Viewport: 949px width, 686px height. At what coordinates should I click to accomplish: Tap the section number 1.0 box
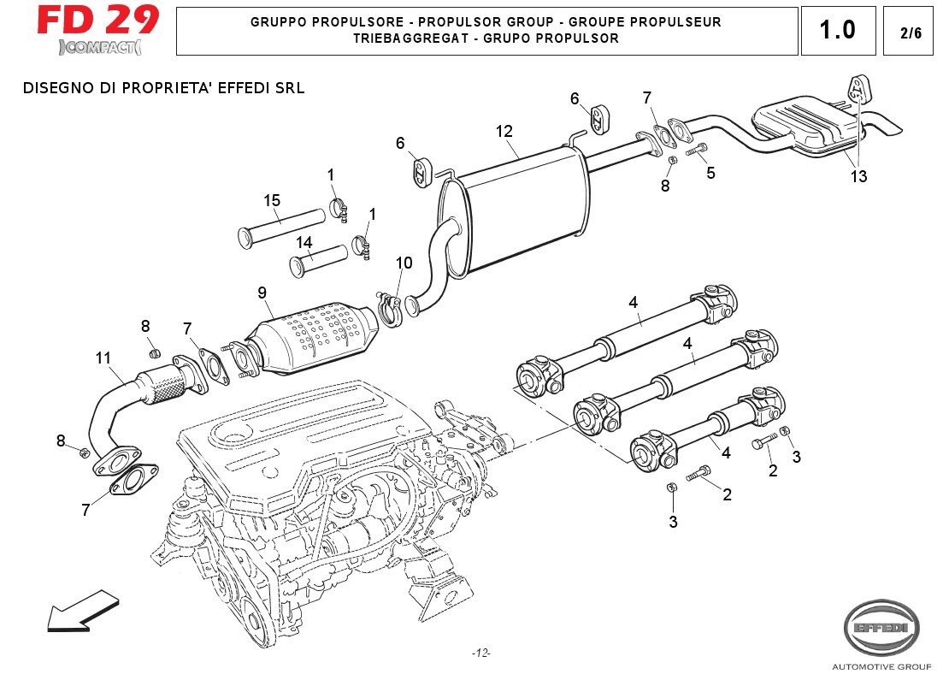pyautogui.click(x=837, y=31)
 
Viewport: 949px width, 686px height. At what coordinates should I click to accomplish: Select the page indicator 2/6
pyautogui.click(x=911, y=33)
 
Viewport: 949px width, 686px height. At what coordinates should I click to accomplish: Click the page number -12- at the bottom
pyautogui.click(x=480, y=653)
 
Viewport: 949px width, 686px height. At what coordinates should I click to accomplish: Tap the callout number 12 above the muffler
pyautogui.click(x=504, y=131)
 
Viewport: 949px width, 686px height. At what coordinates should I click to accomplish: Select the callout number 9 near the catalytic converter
pyautogui.click(x=262, y=293)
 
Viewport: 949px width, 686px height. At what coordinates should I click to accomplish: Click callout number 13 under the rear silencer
pyautogui.click(x=858, y=176)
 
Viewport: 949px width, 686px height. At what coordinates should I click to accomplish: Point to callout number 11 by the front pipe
pyautogui.click(x=103, y=358)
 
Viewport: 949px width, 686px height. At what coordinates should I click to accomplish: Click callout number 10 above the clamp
pyautogui.click(x=404, y=263)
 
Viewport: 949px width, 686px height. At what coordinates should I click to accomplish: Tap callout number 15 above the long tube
pyautogui.click(x=272, y=201)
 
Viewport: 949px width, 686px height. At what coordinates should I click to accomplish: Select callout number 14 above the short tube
pyautogui.click(x=304, y=242)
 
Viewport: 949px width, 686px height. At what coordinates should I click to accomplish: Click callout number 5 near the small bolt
pyautogui.click(x=710, y=172)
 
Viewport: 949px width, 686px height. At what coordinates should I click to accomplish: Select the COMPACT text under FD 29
pyautogui.click(x=101, y=46)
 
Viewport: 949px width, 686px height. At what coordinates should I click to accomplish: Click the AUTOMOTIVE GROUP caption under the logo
pyautogui.click(x=881, y=666)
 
